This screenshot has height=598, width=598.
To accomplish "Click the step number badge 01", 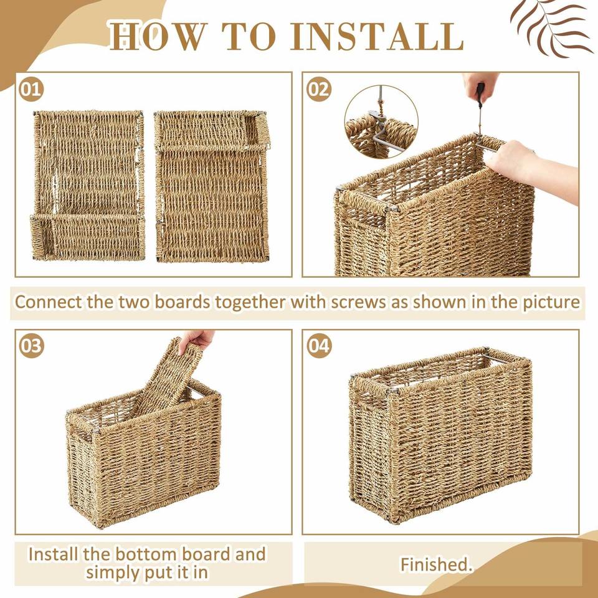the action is click(x=31, y=89).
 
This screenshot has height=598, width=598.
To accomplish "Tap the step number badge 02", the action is click(x=318, y=89).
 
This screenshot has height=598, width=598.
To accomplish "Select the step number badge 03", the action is click(x=31, y=346).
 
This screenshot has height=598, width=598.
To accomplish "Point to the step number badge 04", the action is click(x=318, y=346).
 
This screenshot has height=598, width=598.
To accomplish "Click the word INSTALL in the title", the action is click(x=377, y=37).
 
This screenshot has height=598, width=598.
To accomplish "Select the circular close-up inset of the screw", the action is click(x=381, y=121).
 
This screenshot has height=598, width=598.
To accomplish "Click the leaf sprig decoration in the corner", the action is click(x=551, y=28).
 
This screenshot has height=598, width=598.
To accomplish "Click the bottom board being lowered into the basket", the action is click(x=166, y=378).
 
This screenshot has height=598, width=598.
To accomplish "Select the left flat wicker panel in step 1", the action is click(x=88, y=186).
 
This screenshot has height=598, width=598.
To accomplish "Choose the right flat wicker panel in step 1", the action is click(x=212, y=186).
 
